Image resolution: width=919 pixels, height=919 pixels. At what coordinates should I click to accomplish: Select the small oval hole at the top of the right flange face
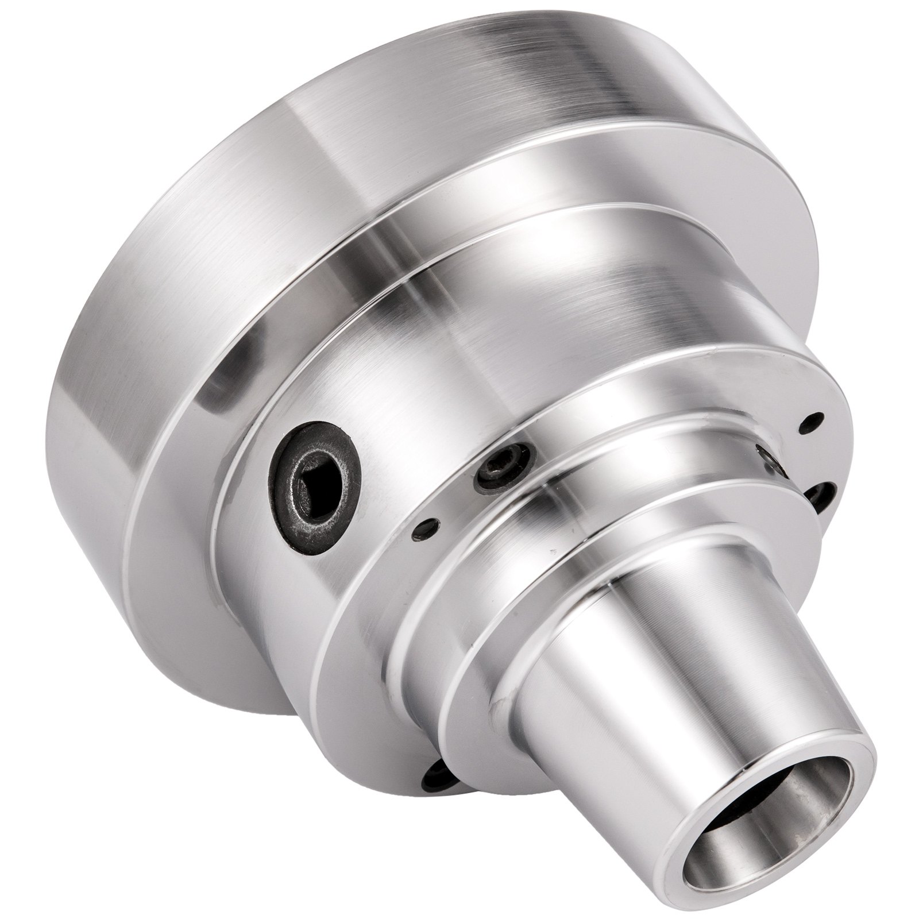[810, 420]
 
